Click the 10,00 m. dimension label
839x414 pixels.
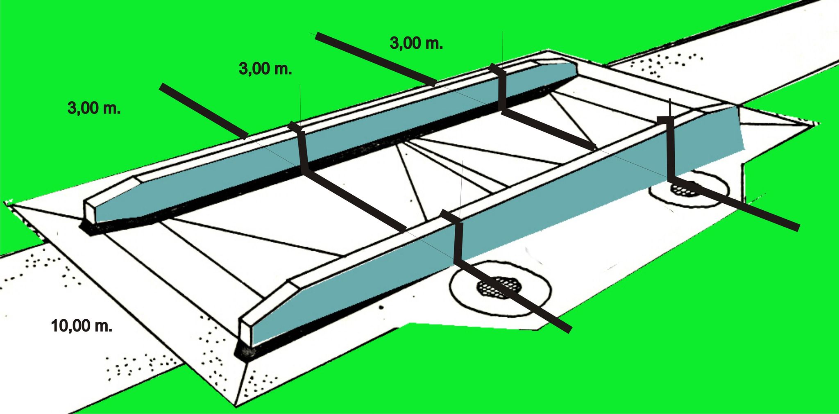coord(82,326)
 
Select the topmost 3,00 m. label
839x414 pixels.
coord(416,43)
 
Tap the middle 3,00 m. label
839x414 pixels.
coord(265,69)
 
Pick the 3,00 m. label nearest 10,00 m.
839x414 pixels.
coord(94,108)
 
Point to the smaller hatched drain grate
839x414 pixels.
coord(684,188)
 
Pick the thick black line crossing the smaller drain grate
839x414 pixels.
coord(733,205)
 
